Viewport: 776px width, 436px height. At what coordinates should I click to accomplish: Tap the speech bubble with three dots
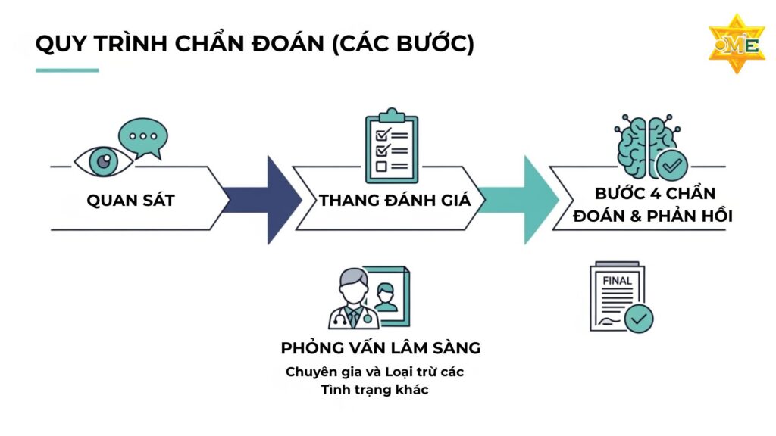tap(143, 137)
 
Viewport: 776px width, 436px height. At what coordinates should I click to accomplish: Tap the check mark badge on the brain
tap(671, 164)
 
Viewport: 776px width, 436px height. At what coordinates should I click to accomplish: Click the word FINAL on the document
tap(617, 281)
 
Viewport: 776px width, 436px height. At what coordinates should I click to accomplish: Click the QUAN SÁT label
tap(130, 201)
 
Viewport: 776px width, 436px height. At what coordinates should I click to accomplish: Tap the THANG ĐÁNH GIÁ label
tap(395, 201)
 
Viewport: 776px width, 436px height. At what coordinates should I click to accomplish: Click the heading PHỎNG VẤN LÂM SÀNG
tap(380, 348)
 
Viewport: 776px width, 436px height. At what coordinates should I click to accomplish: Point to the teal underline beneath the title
tap(67, 70)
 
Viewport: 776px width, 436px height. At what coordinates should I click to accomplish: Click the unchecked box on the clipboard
tap(382, 165)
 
